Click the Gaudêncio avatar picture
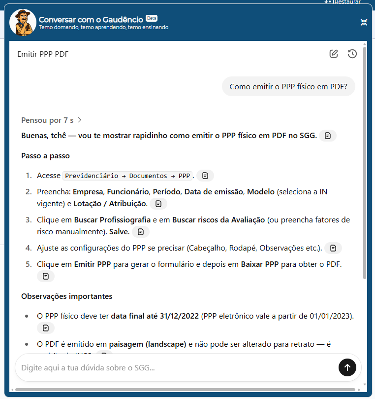tap(22, 23)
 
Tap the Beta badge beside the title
tap(152, 18)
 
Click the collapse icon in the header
tap(364, 22)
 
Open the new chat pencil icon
tap(334, 54)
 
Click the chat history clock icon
tap(352, 54)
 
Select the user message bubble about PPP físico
tap(288, 87)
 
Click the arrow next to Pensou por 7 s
tap(80, 120)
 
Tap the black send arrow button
tap(347, 367)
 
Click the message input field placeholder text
tap(89, 367)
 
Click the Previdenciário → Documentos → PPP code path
tap(127, 176)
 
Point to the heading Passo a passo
tap(45, 156)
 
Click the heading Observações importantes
tap(66, 296)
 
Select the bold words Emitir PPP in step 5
tap(93, 264)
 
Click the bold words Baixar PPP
tap(260, 264)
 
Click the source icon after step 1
tap(205, 176)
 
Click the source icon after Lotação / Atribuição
tap(158, 204)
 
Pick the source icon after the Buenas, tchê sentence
tap(328, 136)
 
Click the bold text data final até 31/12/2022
tap(155, 316)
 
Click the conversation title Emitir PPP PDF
tap(43, 54)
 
